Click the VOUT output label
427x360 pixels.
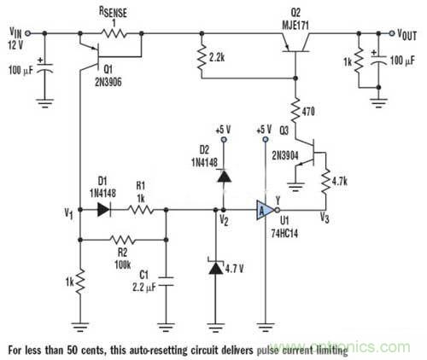pos(407,32)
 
